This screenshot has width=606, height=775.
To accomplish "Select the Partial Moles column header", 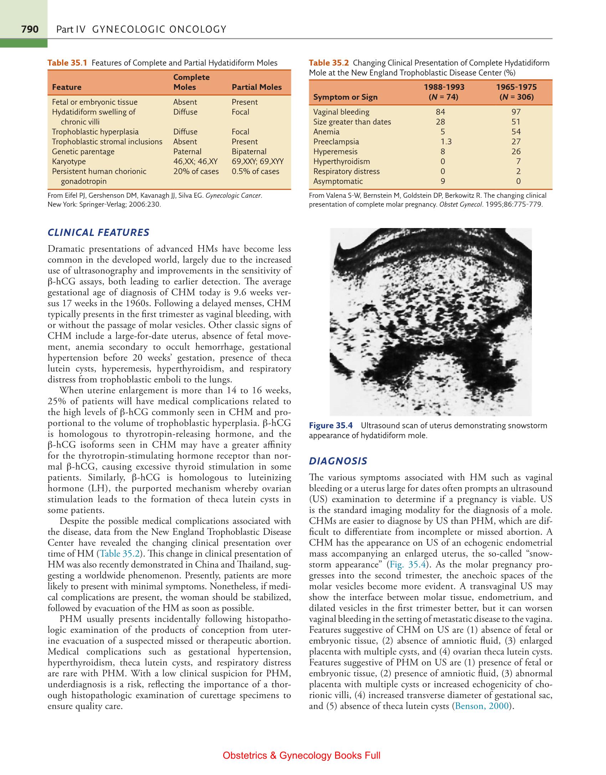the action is pyautogui.click(x=256, y=87).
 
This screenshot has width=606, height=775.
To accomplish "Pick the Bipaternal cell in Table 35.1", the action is pyautogui.click(x=249, y=151).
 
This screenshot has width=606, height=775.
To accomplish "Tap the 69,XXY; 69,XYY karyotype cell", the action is pyautogui.click(x=257, y=161).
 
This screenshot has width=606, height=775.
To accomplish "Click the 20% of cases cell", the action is pyautogui.click(x=196, y=171).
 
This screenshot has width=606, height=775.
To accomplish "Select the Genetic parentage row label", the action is pyautogui.click(x=83, y=151).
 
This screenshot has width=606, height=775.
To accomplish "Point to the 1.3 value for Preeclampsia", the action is pyautogui.click(x=446, y=141).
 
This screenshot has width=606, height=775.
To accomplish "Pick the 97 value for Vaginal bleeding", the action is pyautogui.click(x=515, y=112).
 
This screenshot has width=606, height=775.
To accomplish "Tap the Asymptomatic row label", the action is pyautogui.click(x=338, y=181).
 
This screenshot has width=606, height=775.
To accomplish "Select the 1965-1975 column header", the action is pyautogui.click(x=516, y=87).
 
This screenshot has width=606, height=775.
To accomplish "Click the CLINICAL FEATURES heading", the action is pyautogui.click(x=98, y=233).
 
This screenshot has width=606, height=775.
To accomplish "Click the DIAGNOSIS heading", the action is pyautogui.click(x=338, y=461).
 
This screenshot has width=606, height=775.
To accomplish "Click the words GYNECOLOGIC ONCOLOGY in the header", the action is pyautogui.click(x=159, y=29).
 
